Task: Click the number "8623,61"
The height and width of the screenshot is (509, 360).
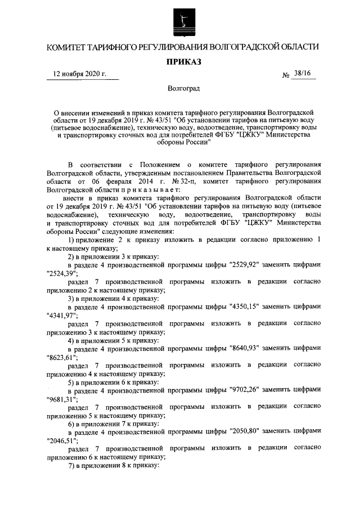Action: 62,358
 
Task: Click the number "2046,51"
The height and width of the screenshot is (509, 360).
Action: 62,441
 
